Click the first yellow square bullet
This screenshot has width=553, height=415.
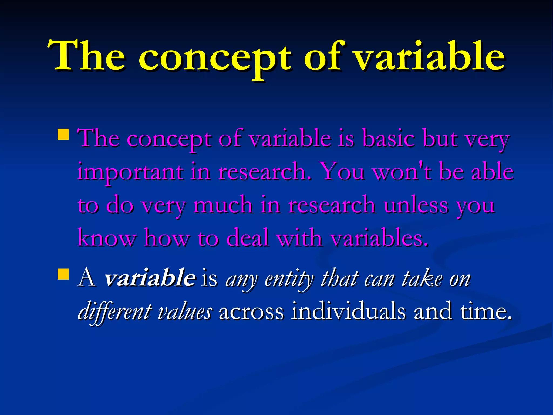[x=63, y=134]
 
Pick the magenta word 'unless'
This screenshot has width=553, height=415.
[x=416, y=205]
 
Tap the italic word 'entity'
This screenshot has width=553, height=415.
[x=289, y=280]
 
